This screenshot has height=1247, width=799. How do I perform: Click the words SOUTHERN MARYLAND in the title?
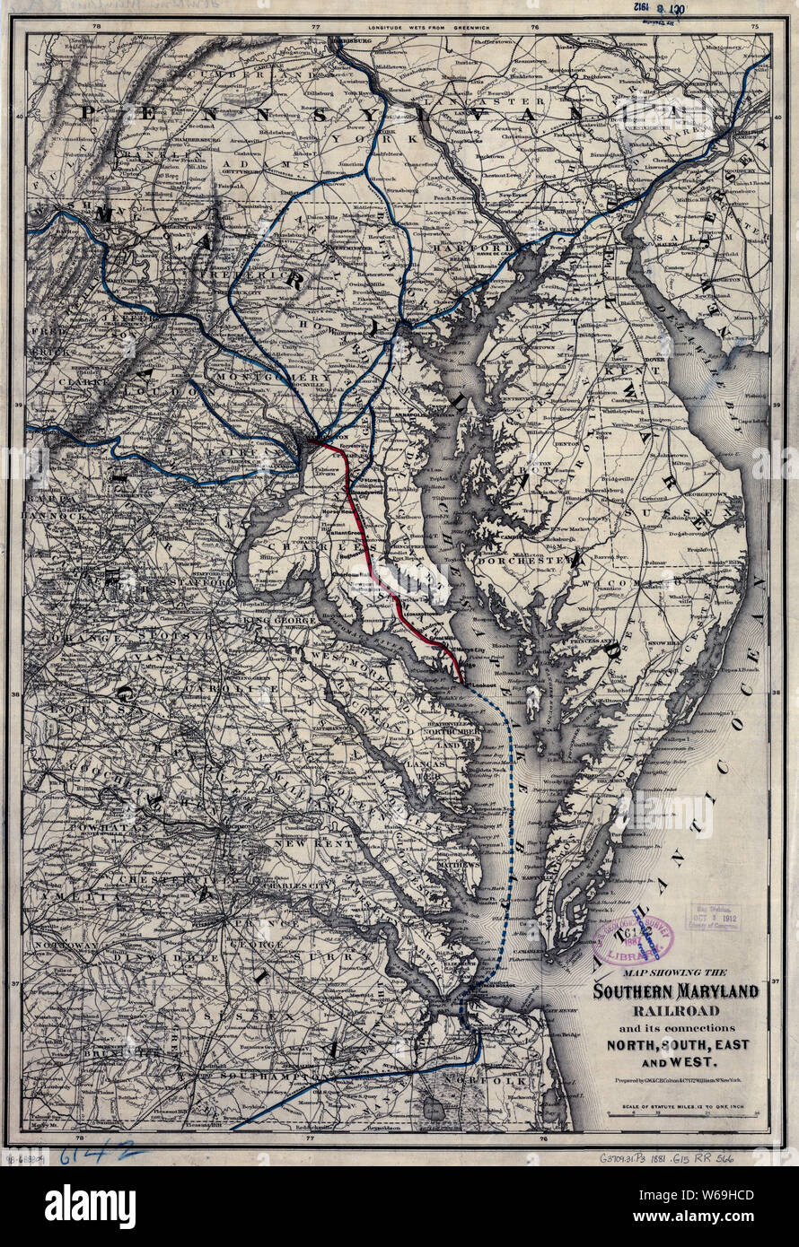[675, 990]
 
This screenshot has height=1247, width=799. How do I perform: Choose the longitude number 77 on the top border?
[315, 27]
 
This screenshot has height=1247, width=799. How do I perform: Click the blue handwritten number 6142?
[98, 1155]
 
